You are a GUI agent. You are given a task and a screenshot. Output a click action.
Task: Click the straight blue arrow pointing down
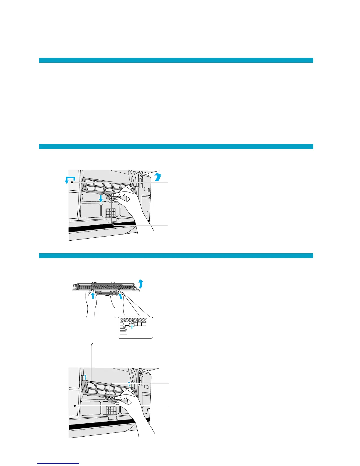click(101, 199)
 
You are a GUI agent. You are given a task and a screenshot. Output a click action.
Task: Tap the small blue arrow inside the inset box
click(132, 327)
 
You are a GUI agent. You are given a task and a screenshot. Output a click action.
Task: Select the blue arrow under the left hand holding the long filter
click(93, 295)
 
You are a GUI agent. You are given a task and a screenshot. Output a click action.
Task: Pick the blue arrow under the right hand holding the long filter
click(120, 295)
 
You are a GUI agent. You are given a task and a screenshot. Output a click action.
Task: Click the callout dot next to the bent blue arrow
click(71, 183)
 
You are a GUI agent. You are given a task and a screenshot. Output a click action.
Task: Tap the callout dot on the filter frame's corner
click(92, 382)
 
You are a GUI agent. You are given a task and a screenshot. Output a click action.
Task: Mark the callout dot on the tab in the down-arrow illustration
click(112, 199)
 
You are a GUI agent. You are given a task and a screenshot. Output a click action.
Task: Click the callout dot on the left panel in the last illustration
click(75, 405)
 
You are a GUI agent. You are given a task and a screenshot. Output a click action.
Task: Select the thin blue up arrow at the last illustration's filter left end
click(85, 377)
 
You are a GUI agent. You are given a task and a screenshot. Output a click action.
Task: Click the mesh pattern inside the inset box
click(135, 320)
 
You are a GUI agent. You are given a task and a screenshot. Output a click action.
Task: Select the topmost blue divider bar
click(176, 60)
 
